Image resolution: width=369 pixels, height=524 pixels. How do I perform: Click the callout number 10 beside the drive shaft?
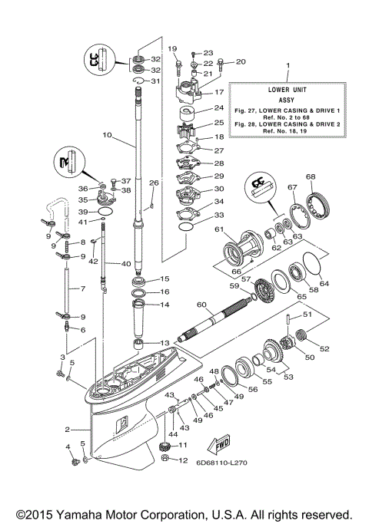[107, 135]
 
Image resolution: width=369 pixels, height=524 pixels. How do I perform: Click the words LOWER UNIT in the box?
[286, 90]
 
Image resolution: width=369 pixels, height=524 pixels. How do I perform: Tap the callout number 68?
[311, 177]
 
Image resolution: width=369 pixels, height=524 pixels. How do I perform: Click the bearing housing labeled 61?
[241, 249]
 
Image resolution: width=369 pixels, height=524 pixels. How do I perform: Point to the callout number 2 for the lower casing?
[68, 430]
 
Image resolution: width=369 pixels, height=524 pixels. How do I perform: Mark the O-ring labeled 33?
[186, 227]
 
